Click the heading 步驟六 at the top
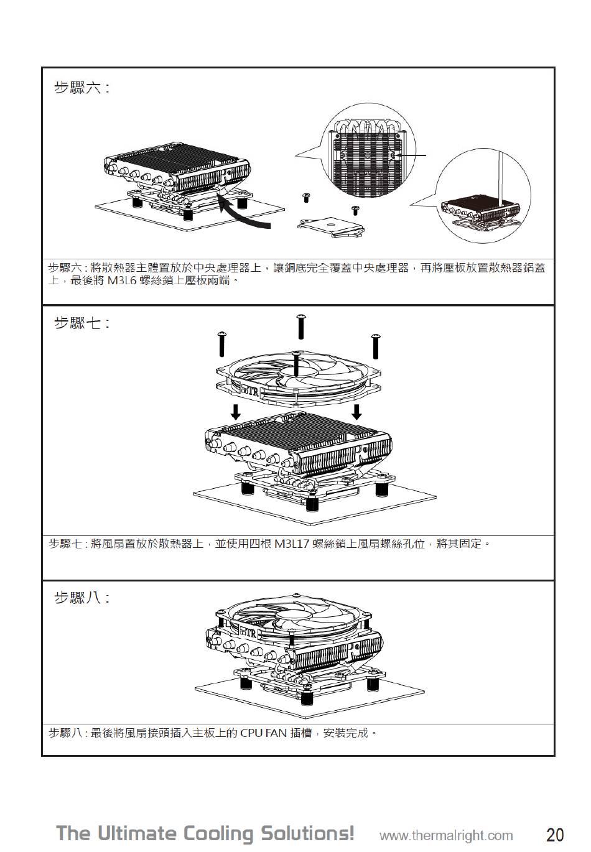click(x=81, y=88)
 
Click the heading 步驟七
click(x=81, y=323)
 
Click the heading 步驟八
click(x=81, y=598)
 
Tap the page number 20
click(x=555, y=834)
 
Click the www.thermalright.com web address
click(x=446, y=835)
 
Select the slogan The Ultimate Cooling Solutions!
click(x=205, y=833)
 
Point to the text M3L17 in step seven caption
click(x=292, y=544)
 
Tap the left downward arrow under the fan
click(x=235, y=411)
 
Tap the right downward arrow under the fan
click(x=356, y=411)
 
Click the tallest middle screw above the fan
click(x=301, y=326)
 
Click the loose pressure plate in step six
click(x=330, y=226)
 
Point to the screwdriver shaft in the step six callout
click(x=500, y=177)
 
